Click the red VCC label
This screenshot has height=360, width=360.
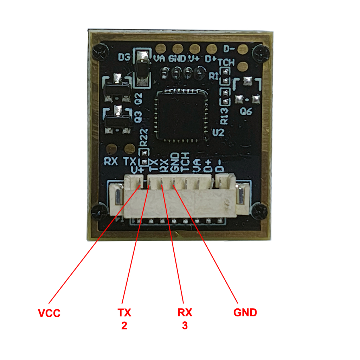coord(49,313)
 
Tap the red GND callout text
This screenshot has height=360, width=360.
coord(245,313)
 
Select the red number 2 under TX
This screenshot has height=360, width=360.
coord(124,326)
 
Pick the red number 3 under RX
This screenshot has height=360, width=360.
coord(185,326)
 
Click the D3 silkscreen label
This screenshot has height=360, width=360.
coord(124,57)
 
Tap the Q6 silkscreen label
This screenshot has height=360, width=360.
coord(246,111)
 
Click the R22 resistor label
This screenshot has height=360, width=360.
coord(144,137)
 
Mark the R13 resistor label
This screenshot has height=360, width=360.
coord(224,116)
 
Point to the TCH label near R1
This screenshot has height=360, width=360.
coord(226,63)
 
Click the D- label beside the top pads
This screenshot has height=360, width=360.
coord(229,49)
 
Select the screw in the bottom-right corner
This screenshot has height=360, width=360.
coord(259,211)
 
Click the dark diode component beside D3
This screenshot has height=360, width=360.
coord(143,69)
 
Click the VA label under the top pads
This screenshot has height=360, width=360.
coord(159,59)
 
